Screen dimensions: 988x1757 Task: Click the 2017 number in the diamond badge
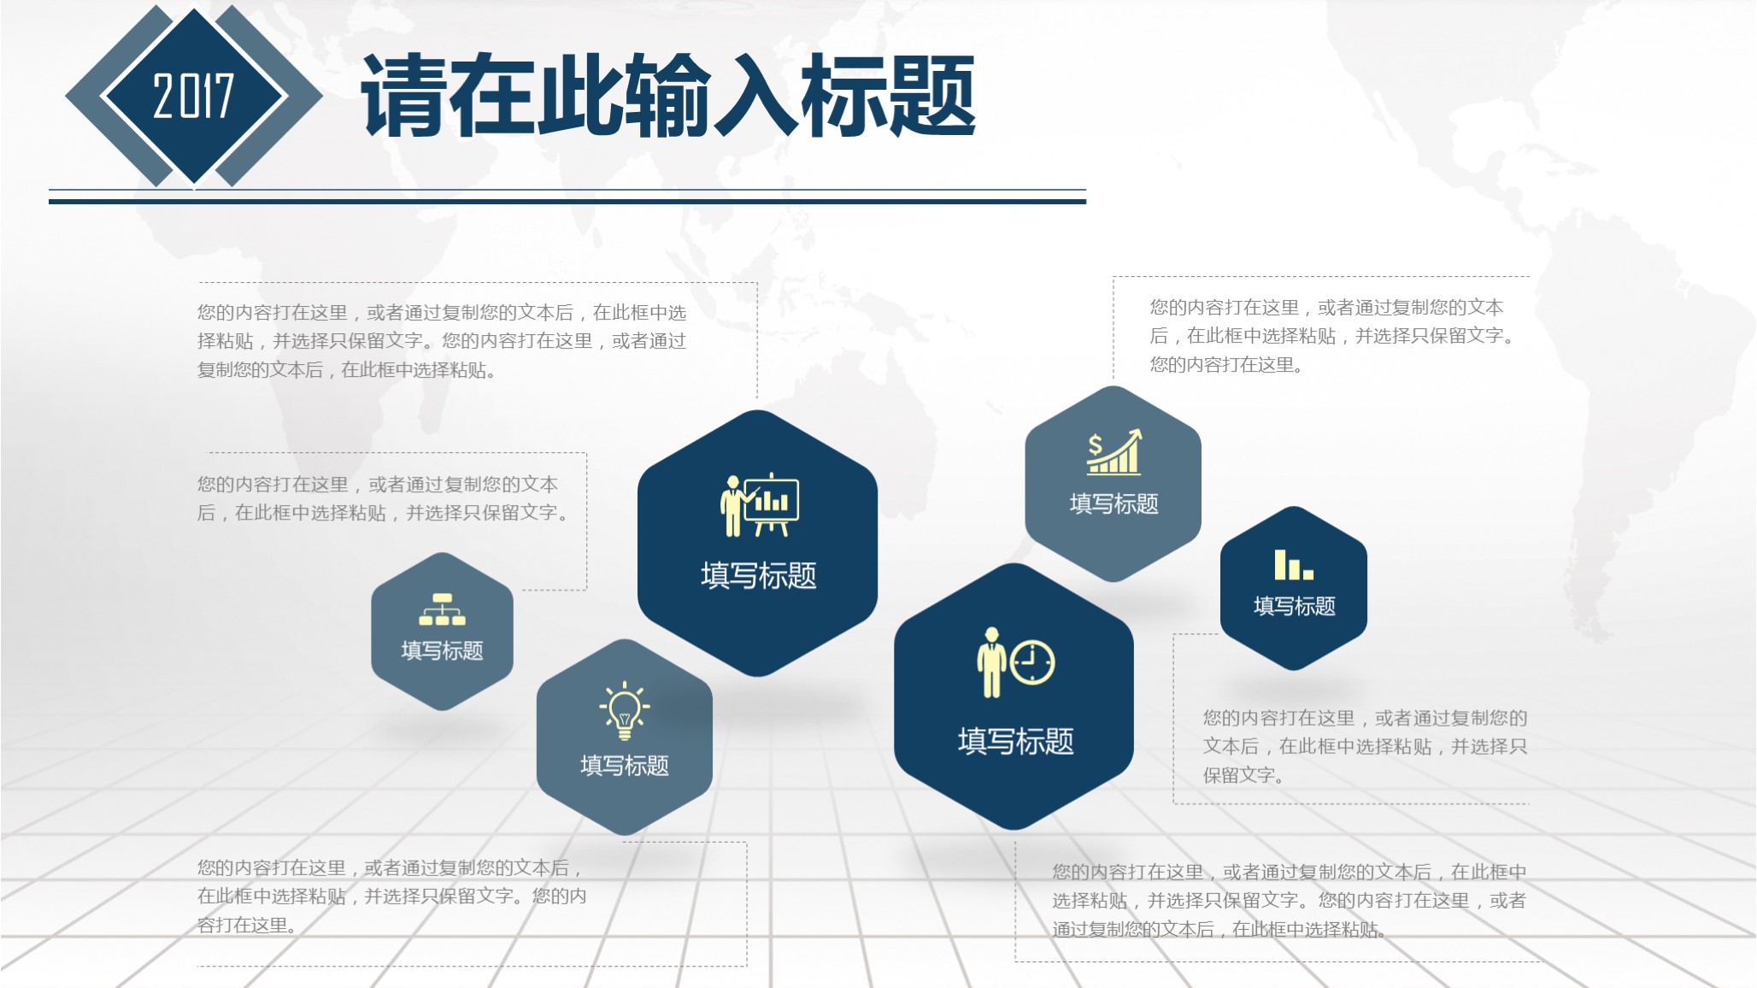pyautogui.click(x=193, y=95)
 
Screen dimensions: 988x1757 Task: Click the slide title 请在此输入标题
pyautogui.click(x=668, y=95)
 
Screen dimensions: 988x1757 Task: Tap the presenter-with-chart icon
pyautogui.click(x=760, y=505)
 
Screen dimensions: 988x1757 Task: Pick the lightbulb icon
pyautogui.click(x=625, y=710)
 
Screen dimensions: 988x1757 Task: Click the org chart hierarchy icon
pyautogui.click(x=442, y=609)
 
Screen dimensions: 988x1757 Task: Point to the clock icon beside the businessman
pyautogui.click(x=1032, y=662)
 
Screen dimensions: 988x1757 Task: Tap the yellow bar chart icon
pyautogui.click(x=1293, y=565)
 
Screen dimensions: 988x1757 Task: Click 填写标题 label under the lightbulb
pyautogui.click(x=625, y=765)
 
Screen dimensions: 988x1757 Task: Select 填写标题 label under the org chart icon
pyautogui.click(x=442, y=650)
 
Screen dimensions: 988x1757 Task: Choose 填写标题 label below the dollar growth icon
pyautogui.click(x=1114, y=503)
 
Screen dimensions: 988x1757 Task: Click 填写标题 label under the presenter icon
pyautogui.click(x=759, y=575)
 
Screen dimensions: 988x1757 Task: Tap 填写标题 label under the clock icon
pyautogui.click(x=1015, y=741)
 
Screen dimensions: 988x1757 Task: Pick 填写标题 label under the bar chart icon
pyautogui.click(x=1294, y=606)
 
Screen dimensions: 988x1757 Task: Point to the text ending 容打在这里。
pyautogui.click(x=247, y=925)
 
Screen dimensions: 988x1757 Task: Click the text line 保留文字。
pyautogui.click(x=1243, y=775)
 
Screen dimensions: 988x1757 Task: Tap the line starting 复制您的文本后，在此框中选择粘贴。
pyautogui.click(x=346, y=370)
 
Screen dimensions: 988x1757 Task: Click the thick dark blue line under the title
pyautogui.click(x=567, y=202)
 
